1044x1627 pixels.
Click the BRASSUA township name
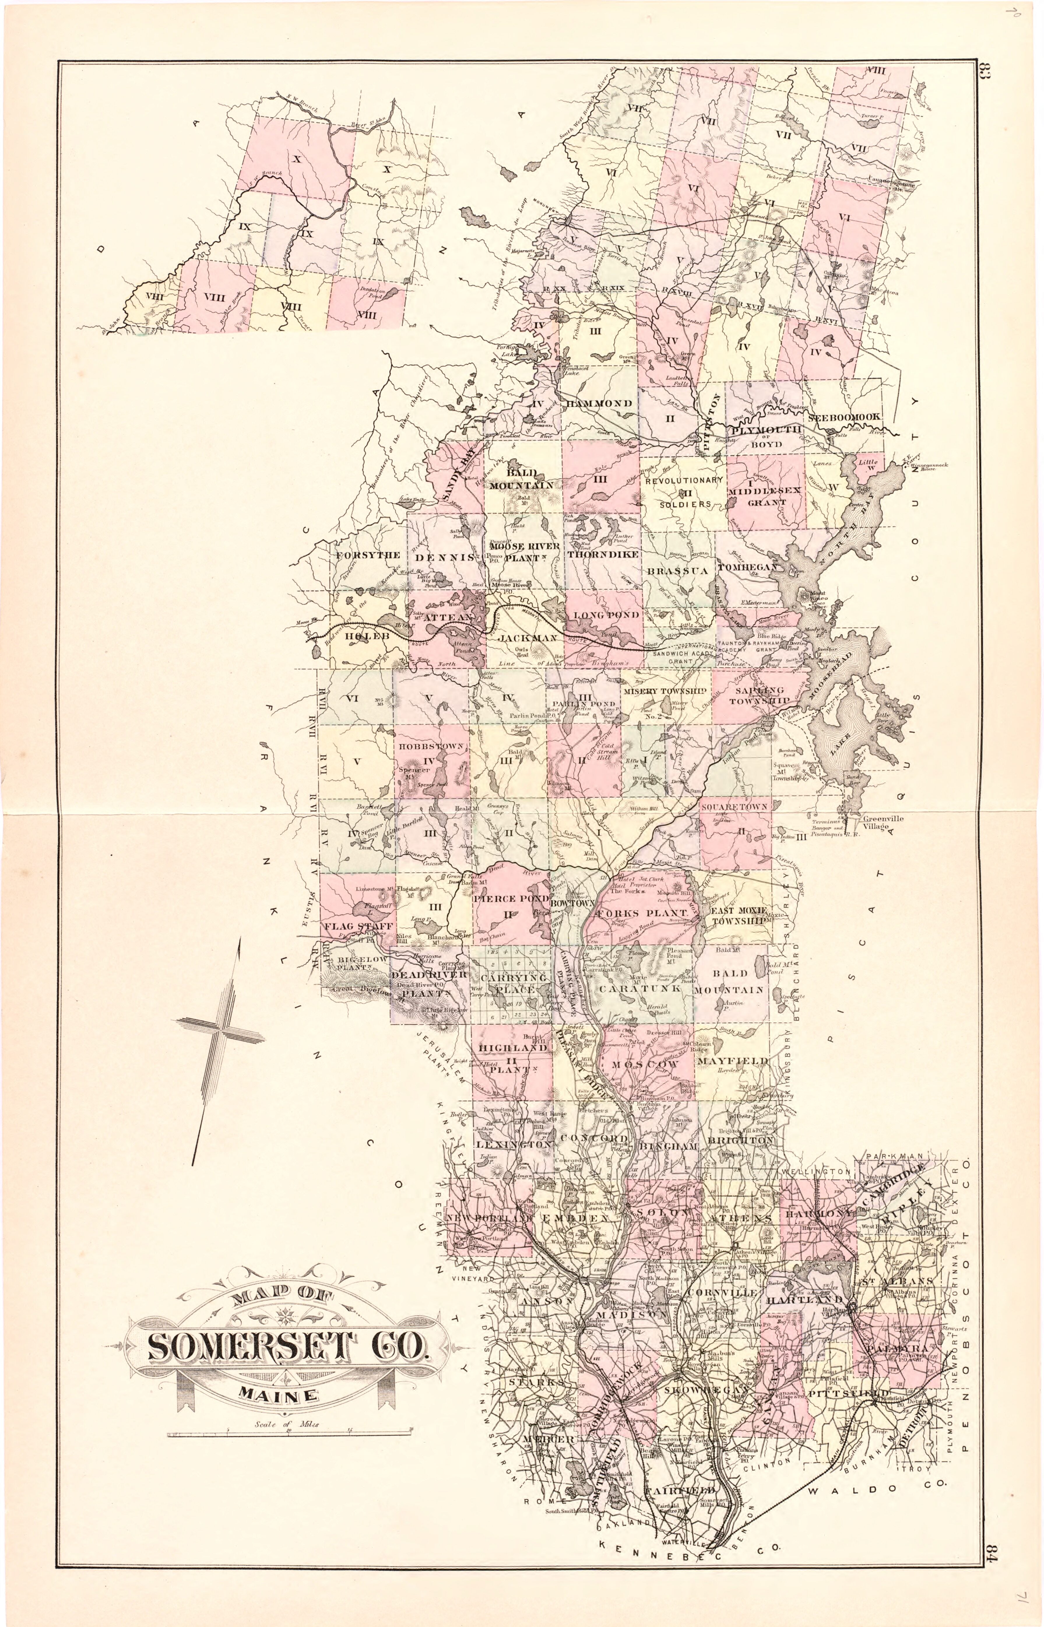(676, 571)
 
